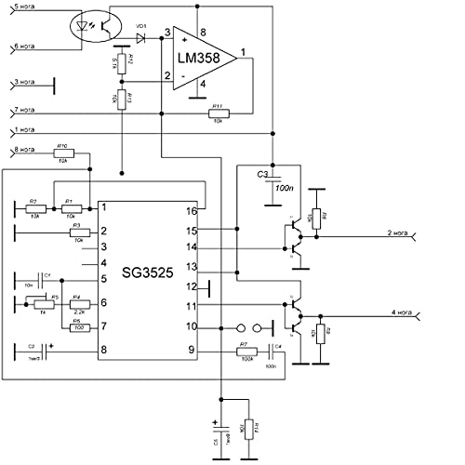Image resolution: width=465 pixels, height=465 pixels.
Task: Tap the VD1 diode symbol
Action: click(x=141, y=38)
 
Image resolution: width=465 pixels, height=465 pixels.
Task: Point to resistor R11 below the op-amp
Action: click(x=218, y=114)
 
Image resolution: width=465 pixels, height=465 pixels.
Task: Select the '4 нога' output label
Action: click(x=391, y=312)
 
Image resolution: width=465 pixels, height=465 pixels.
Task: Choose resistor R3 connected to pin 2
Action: click(x=79, y=231)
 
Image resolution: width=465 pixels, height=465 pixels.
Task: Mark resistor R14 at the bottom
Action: click(x=247, y=430)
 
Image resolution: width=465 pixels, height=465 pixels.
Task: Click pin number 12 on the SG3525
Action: click(x=191, y=286)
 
